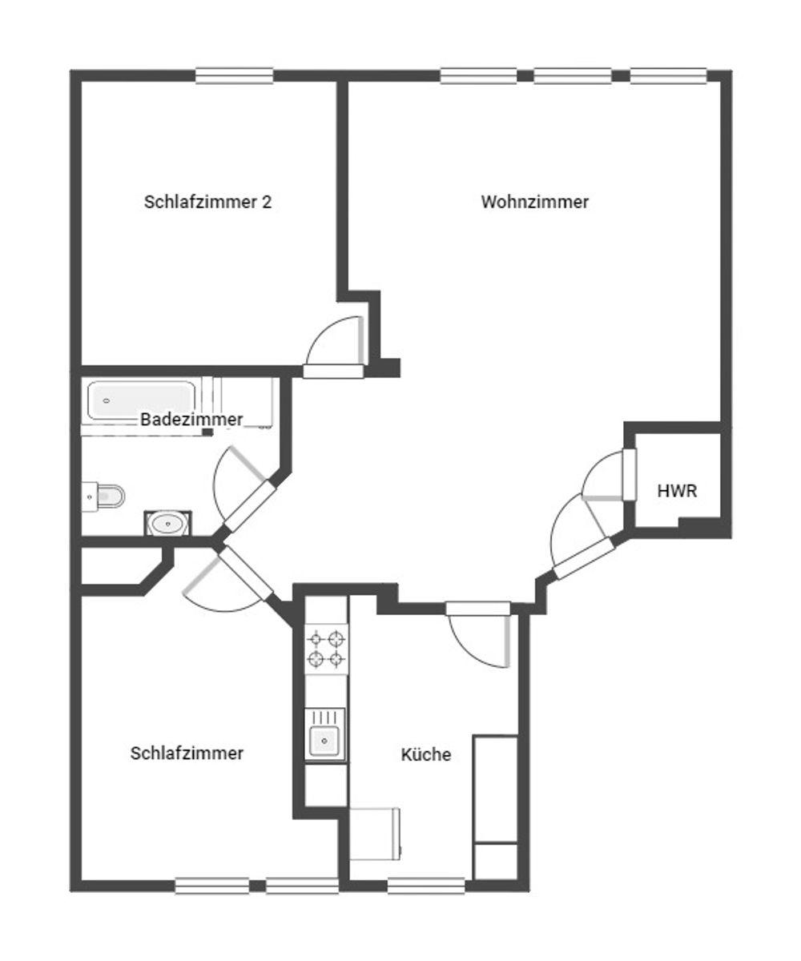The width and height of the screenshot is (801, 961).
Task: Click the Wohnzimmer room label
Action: pos(534,202)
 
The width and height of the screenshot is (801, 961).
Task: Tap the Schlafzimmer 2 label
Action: pos(207,202)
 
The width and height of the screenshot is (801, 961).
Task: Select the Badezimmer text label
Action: pos(191,420)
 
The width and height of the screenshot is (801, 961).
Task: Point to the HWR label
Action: pos(677,491)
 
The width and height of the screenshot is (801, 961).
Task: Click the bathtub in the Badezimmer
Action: pos(141,400)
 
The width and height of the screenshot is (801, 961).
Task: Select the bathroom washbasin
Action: pos(167,523)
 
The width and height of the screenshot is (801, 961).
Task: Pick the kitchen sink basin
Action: pos(324,741)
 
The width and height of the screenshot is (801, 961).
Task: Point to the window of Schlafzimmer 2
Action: pos(235,76)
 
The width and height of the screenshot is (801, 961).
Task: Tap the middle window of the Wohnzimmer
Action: pos(573,76)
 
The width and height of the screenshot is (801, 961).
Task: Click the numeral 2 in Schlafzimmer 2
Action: pos(267,202)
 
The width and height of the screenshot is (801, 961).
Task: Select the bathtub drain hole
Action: pos(107,401)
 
